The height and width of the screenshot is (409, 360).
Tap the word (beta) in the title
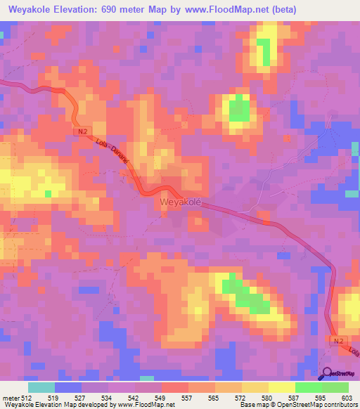coord(281,10)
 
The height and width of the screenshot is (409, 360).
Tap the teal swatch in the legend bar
coord(41,387)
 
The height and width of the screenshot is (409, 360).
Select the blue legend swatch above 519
coord(68,387)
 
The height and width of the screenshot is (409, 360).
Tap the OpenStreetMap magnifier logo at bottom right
coord(328,374)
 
